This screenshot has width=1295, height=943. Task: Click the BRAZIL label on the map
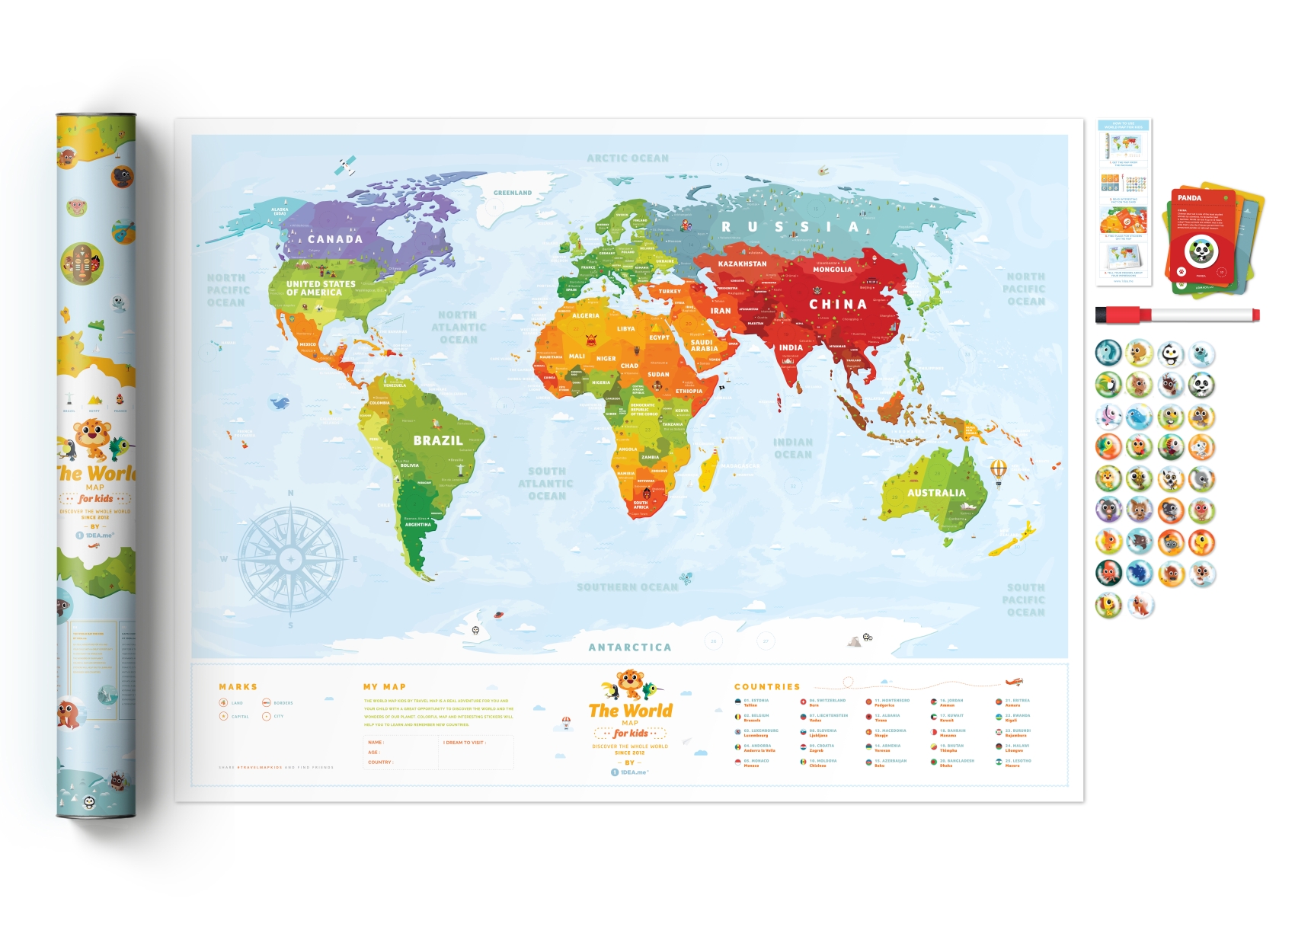point(437,440)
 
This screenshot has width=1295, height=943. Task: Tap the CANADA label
point(335,239)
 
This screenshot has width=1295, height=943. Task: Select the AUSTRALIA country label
point(936,493)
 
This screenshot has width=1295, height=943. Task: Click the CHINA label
point(838,304)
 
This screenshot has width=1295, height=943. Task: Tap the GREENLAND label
point(513,193)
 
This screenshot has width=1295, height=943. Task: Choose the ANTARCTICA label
point(630,647)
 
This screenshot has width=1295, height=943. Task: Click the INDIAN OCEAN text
point(793,448)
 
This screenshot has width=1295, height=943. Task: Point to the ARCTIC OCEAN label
point(628,158)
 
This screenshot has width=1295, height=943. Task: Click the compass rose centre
point(291,559)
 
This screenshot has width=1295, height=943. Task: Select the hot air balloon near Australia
point(999,470)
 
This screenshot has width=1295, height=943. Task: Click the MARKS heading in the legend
point(238,687)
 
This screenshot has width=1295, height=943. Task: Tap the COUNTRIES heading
point(767,687)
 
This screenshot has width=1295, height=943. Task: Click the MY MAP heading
point(384,687)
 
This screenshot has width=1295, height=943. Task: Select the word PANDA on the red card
point(1189,198)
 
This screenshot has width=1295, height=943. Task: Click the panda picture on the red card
point(1201,251)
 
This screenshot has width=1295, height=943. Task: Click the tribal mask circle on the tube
point(82,263)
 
